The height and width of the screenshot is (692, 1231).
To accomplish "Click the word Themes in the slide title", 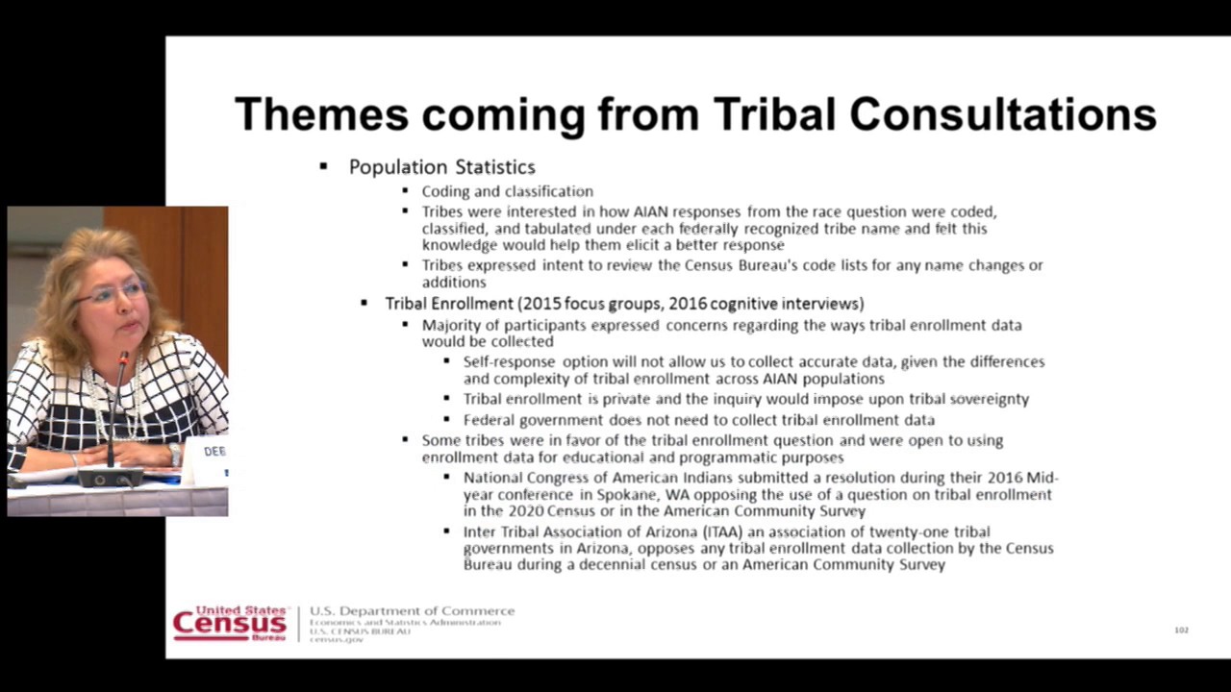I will point(321,114).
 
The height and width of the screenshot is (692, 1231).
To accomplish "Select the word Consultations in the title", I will point(1003,114).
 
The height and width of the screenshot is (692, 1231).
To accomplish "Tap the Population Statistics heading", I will point(441,167).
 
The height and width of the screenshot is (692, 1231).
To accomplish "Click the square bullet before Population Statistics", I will point(323,167).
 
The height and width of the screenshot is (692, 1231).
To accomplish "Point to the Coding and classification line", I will point(507,191).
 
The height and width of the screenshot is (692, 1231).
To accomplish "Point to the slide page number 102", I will point(1181,630).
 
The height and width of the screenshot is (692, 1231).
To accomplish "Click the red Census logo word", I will point(229,625).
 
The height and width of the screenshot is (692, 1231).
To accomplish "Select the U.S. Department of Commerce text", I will point(412,611).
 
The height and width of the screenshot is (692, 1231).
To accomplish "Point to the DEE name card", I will point(214,452).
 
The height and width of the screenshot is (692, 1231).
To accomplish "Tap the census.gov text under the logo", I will point(336,640).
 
